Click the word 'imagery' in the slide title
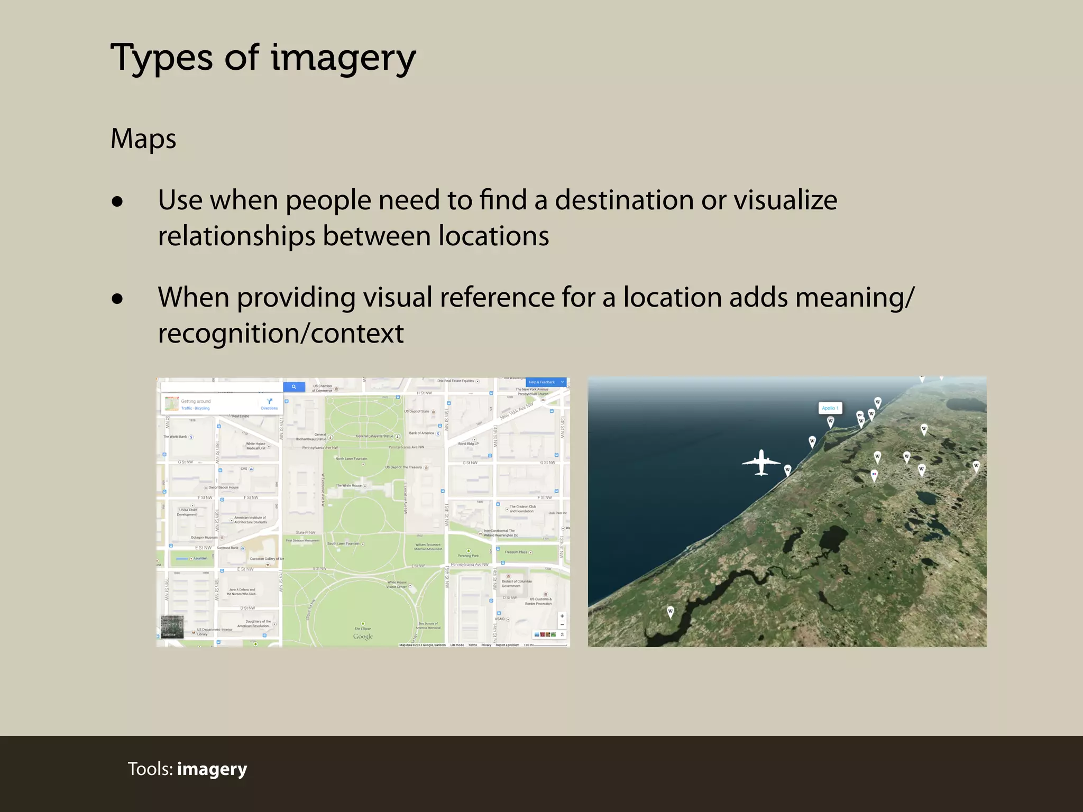(343, 58)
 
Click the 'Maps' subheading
(143, 139)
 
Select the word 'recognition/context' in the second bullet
(281, 334)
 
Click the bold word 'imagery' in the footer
(212, 769)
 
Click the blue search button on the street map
(294, 387)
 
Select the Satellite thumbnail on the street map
(171, 626)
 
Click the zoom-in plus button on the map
(562, 616)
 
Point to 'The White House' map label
(349, 485)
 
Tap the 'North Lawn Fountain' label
(351, 459)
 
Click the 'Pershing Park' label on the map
(468, 556)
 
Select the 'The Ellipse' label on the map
(363, 629)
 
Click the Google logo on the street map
(363, 636)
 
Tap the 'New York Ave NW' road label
(517, 411)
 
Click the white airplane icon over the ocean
(761, 463)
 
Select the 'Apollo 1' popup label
(830, 408)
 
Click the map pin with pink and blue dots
(874, 475)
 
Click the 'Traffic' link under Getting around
(186, 408)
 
